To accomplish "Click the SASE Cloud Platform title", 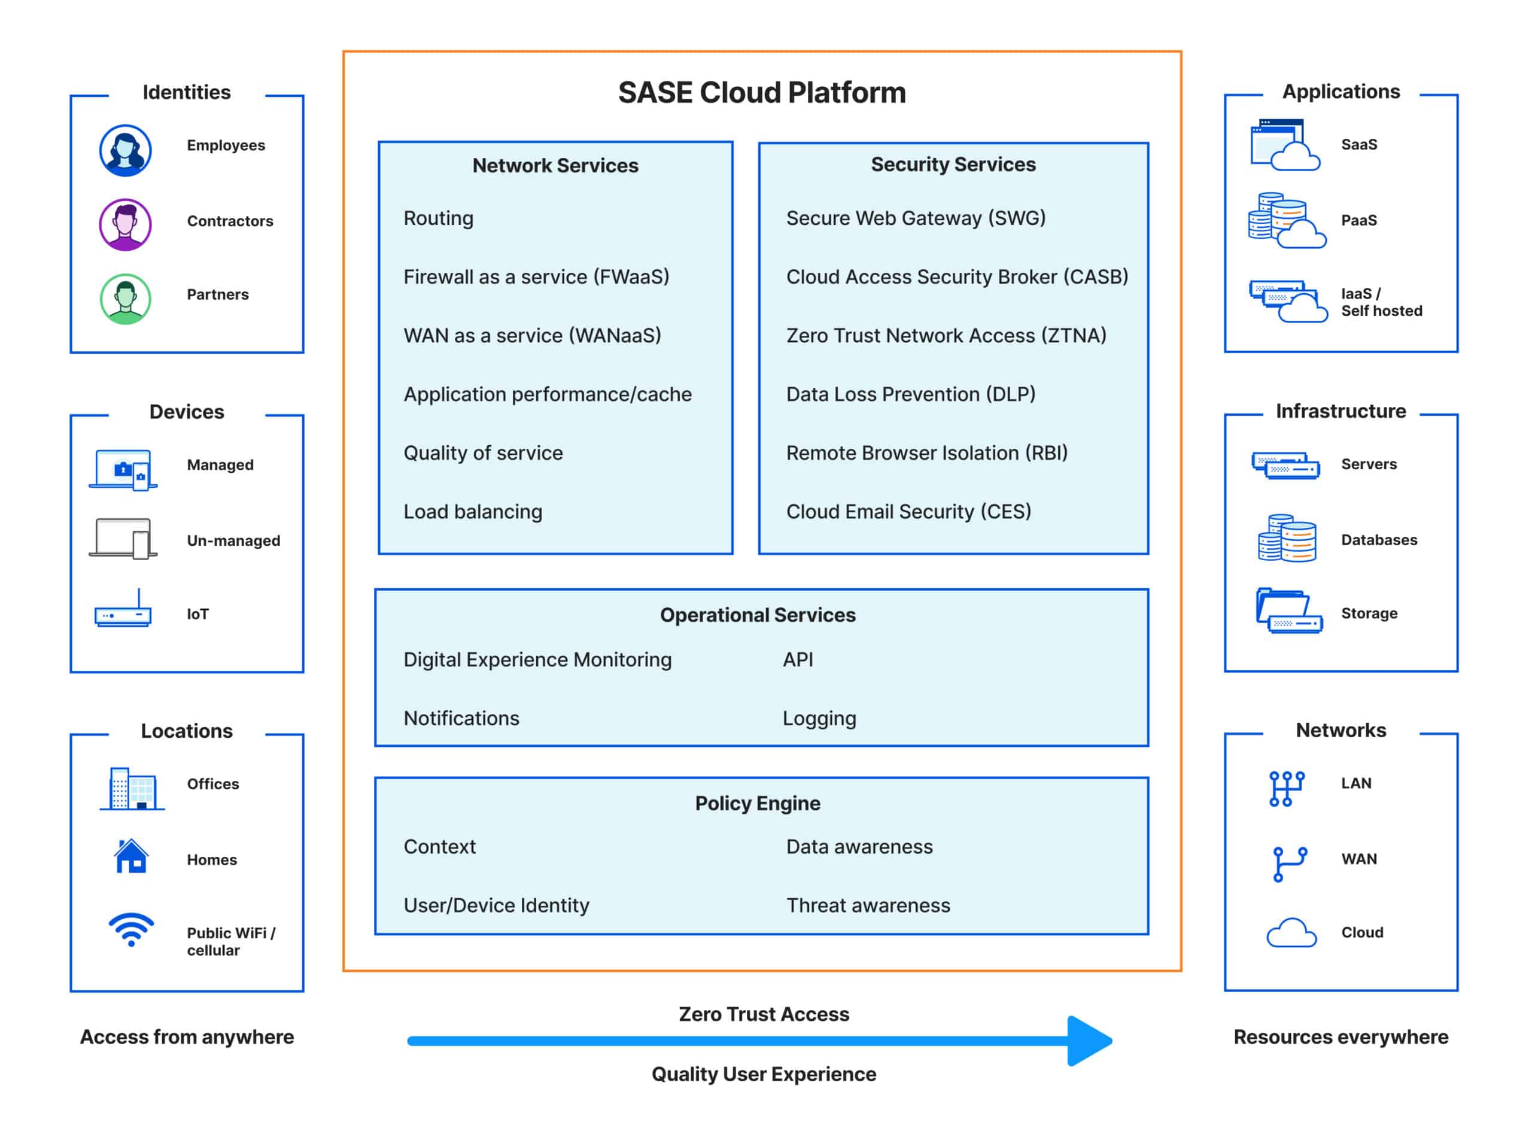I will [761, 93].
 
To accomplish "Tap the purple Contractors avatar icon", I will [125, 225].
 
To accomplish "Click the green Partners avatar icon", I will [125, 299].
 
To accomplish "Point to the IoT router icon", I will [123, 612].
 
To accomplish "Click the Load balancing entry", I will [473, 512].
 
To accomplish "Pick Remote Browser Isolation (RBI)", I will [927, 453].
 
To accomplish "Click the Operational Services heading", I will [758, 615].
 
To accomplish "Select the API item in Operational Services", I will [798, 660].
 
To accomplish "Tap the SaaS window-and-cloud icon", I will [1284, 145].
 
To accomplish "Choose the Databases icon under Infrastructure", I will [1287, 539].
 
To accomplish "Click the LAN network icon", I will [1286, 789].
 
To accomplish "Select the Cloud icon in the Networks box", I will [1291, 934].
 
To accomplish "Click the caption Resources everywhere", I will [1340, 1037].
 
